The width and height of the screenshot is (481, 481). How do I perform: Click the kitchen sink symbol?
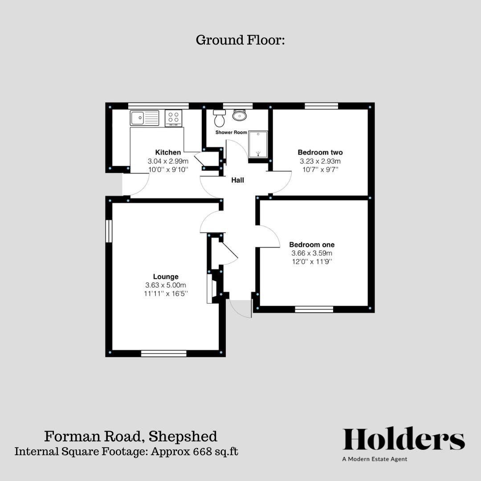(144, 118)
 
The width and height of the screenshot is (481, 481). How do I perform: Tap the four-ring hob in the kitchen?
(173, 118)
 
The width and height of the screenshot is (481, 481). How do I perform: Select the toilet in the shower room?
(219, 118)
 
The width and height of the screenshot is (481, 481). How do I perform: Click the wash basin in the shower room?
(240, 115)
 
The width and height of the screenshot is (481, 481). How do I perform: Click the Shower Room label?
(231, 133)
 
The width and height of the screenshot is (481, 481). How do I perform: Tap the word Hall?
(237, 180)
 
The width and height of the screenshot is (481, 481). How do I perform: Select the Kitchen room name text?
(168, 152)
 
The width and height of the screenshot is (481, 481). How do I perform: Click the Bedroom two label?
(320, 152)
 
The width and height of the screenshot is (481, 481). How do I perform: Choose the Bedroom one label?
(312, 245)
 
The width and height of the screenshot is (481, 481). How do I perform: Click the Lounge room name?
(166, 277)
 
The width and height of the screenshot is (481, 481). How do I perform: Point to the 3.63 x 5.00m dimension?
(166, 285)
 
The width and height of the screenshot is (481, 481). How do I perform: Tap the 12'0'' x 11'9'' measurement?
(312, 261)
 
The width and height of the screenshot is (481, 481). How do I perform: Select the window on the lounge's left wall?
(109, 231)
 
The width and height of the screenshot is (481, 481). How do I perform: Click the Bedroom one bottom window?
(314, 309)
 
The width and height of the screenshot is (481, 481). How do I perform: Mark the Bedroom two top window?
(322, 106)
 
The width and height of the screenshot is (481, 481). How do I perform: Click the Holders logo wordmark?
(404, 440)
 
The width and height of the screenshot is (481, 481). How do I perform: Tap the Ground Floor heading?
(240, 40)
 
